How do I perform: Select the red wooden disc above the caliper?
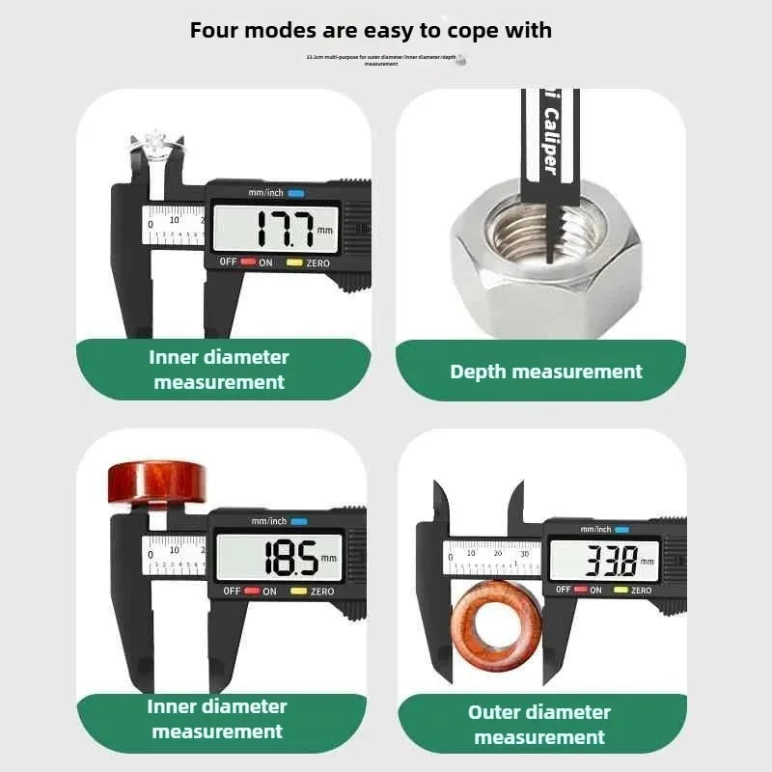coord(157,483)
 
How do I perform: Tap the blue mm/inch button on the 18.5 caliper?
coord(299,521)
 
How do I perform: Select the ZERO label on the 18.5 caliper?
coord(321,592)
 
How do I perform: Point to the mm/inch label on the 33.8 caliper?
coord(595,529)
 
